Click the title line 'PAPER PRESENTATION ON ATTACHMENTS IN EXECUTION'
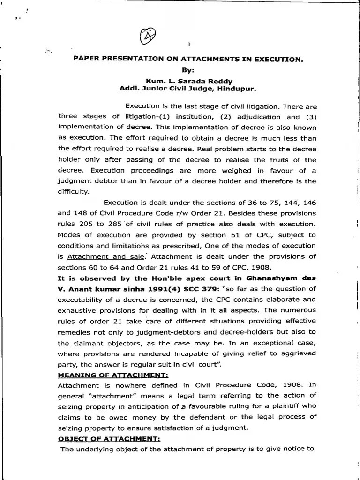(188, 60)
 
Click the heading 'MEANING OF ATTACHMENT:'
(113, 375)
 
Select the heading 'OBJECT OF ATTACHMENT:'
(109, 439)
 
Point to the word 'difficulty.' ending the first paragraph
(73, 192)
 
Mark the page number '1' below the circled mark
(188, 45)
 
